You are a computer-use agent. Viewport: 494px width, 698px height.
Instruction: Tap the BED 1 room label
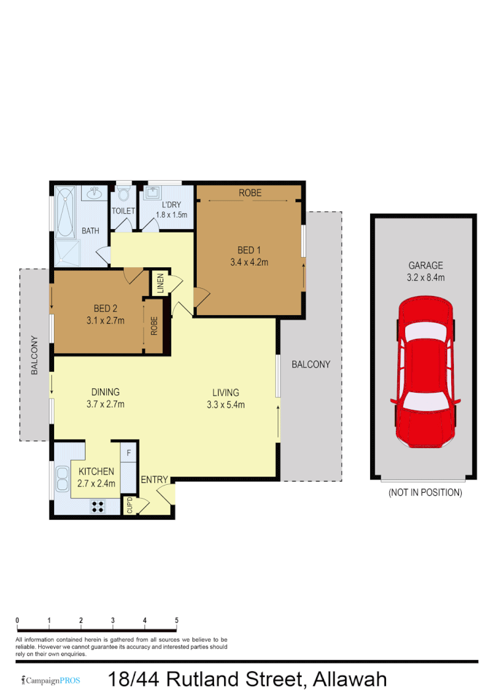250,250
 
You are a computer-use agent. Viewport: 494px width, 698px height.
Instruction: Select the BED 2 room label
105,309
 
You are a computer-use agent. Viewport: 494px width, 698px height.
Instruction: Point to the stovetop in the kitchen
98,507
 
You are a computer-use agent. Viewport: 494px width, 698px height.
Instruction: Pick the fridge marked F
128,453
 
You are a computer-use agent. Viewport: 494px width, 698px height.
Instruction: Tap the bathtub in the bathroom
65,212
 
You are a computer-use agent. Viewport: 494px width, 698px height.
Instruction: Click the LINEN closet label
160,285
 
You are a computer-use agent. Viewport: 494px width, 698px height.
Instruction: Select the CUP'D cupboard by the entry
130,506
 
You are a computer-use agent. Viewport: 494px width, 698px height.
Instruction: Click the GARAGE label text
425,266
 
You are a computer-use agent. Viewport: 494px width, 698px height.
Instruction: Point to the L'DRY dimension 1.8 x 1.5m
171,214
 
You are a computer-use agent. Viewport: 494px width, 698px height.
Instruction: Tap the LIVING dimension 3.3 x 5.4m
225,405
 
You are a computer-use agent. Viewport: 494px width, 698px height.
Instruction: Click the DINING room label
105,392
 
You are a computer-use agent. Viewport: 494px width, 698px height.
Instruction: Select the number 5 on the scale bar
176,620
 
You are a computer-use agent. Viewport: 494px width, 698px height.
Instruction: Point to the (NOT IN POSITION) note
425,492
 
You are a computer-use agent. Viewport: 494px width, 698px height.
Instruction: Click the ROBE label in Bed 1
250,193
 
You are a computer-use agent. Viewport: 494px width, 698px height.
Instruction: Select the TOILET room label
123,211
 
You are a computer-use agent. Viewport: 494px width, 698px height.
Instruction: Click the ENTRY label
154,480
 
